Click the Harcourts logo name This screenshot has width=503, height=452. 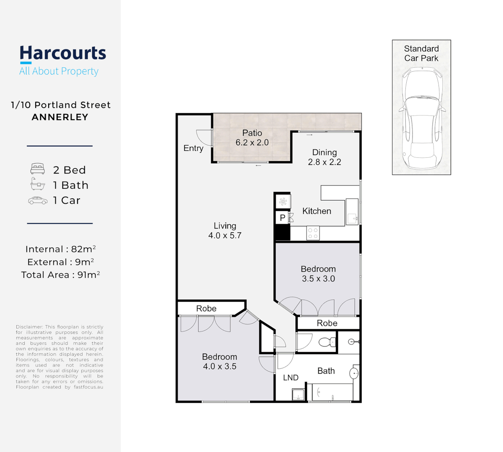pos(63,54)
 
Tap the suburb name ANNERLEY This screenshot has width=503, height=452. pos(60,117)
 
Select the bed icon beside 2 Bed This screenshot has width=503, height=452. pos(38,169)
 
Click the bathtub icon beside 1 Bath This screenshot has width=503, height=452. pos(38,184)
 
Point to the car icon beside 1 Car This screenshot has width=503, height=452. pos(38,200)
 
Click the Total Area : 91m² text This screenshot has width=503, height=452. pos(60,275)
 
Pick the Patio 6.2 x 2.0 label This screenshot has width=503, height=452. pos(252,138)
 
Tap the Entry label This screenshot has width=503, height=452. pos(193,148)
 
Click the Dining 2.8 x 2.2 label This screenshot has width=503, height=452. pos(325,157)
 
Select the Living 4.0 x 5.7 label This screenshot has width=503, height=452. pos(225,231)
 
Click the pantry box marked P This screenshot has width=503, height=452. pos(283,218)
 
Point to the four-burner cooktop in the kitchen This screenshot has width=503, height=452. pos(313,233)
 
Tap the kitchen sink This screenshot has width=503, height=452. pos(352,218)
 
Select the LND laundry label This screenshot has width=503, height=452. pos(291,378)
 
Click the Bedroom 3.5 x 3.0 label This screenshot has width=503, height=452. pos(318,274)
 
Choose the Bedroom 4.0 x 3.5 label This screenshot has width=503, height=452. pos(219,362)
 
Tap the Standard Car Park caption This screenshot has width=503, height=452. pos(421,54)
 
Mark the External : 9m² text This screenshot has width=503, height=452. pos(60,262)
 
